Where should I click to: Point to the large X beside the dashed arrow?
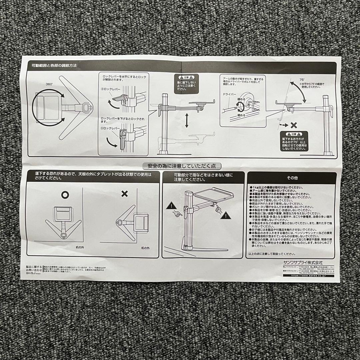click(294, 126)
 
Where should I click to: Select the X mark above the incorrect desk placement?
click(124, 194)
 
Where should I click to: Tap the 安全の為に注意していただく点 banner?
click(182, 166)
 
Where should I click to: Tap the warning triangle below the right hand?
click(226, 216)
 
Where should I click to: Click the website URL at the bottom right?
click(308, 276)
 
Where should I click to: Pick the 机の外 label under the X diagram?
click(145, 248)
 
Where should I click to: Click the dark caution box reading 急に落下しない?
click(187, 83)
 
